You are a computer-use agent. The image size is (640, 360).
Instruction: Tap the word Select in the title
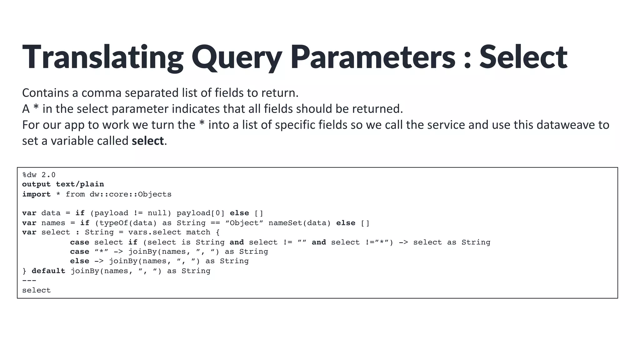point(523,57)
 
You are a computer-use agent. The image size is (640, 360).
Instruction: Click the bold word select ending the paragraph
point(147,141)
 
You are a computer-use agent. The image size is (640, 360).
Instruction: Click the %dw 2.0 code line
point(39,175)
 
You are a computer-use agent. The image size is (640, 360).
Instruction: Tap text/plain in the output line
point(80,184)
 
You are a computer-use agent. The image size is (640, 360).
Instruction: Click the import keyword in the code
point(36,194)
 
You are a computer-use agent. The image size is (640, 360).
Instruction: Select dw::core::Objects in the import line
point(130,194)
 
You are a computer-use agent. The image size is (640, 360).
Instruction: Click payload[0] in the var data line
point(200,213)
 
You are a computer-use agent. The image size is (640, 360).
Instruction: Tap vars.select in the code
point(154,232)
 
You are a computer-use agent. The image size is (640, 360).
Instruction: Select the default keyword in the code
point(48,271)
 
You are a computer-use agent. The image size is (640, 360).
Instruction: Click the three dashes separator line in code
point(29,280)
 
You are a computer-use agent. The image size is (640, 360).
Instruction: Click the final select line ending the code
point(36,290)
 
